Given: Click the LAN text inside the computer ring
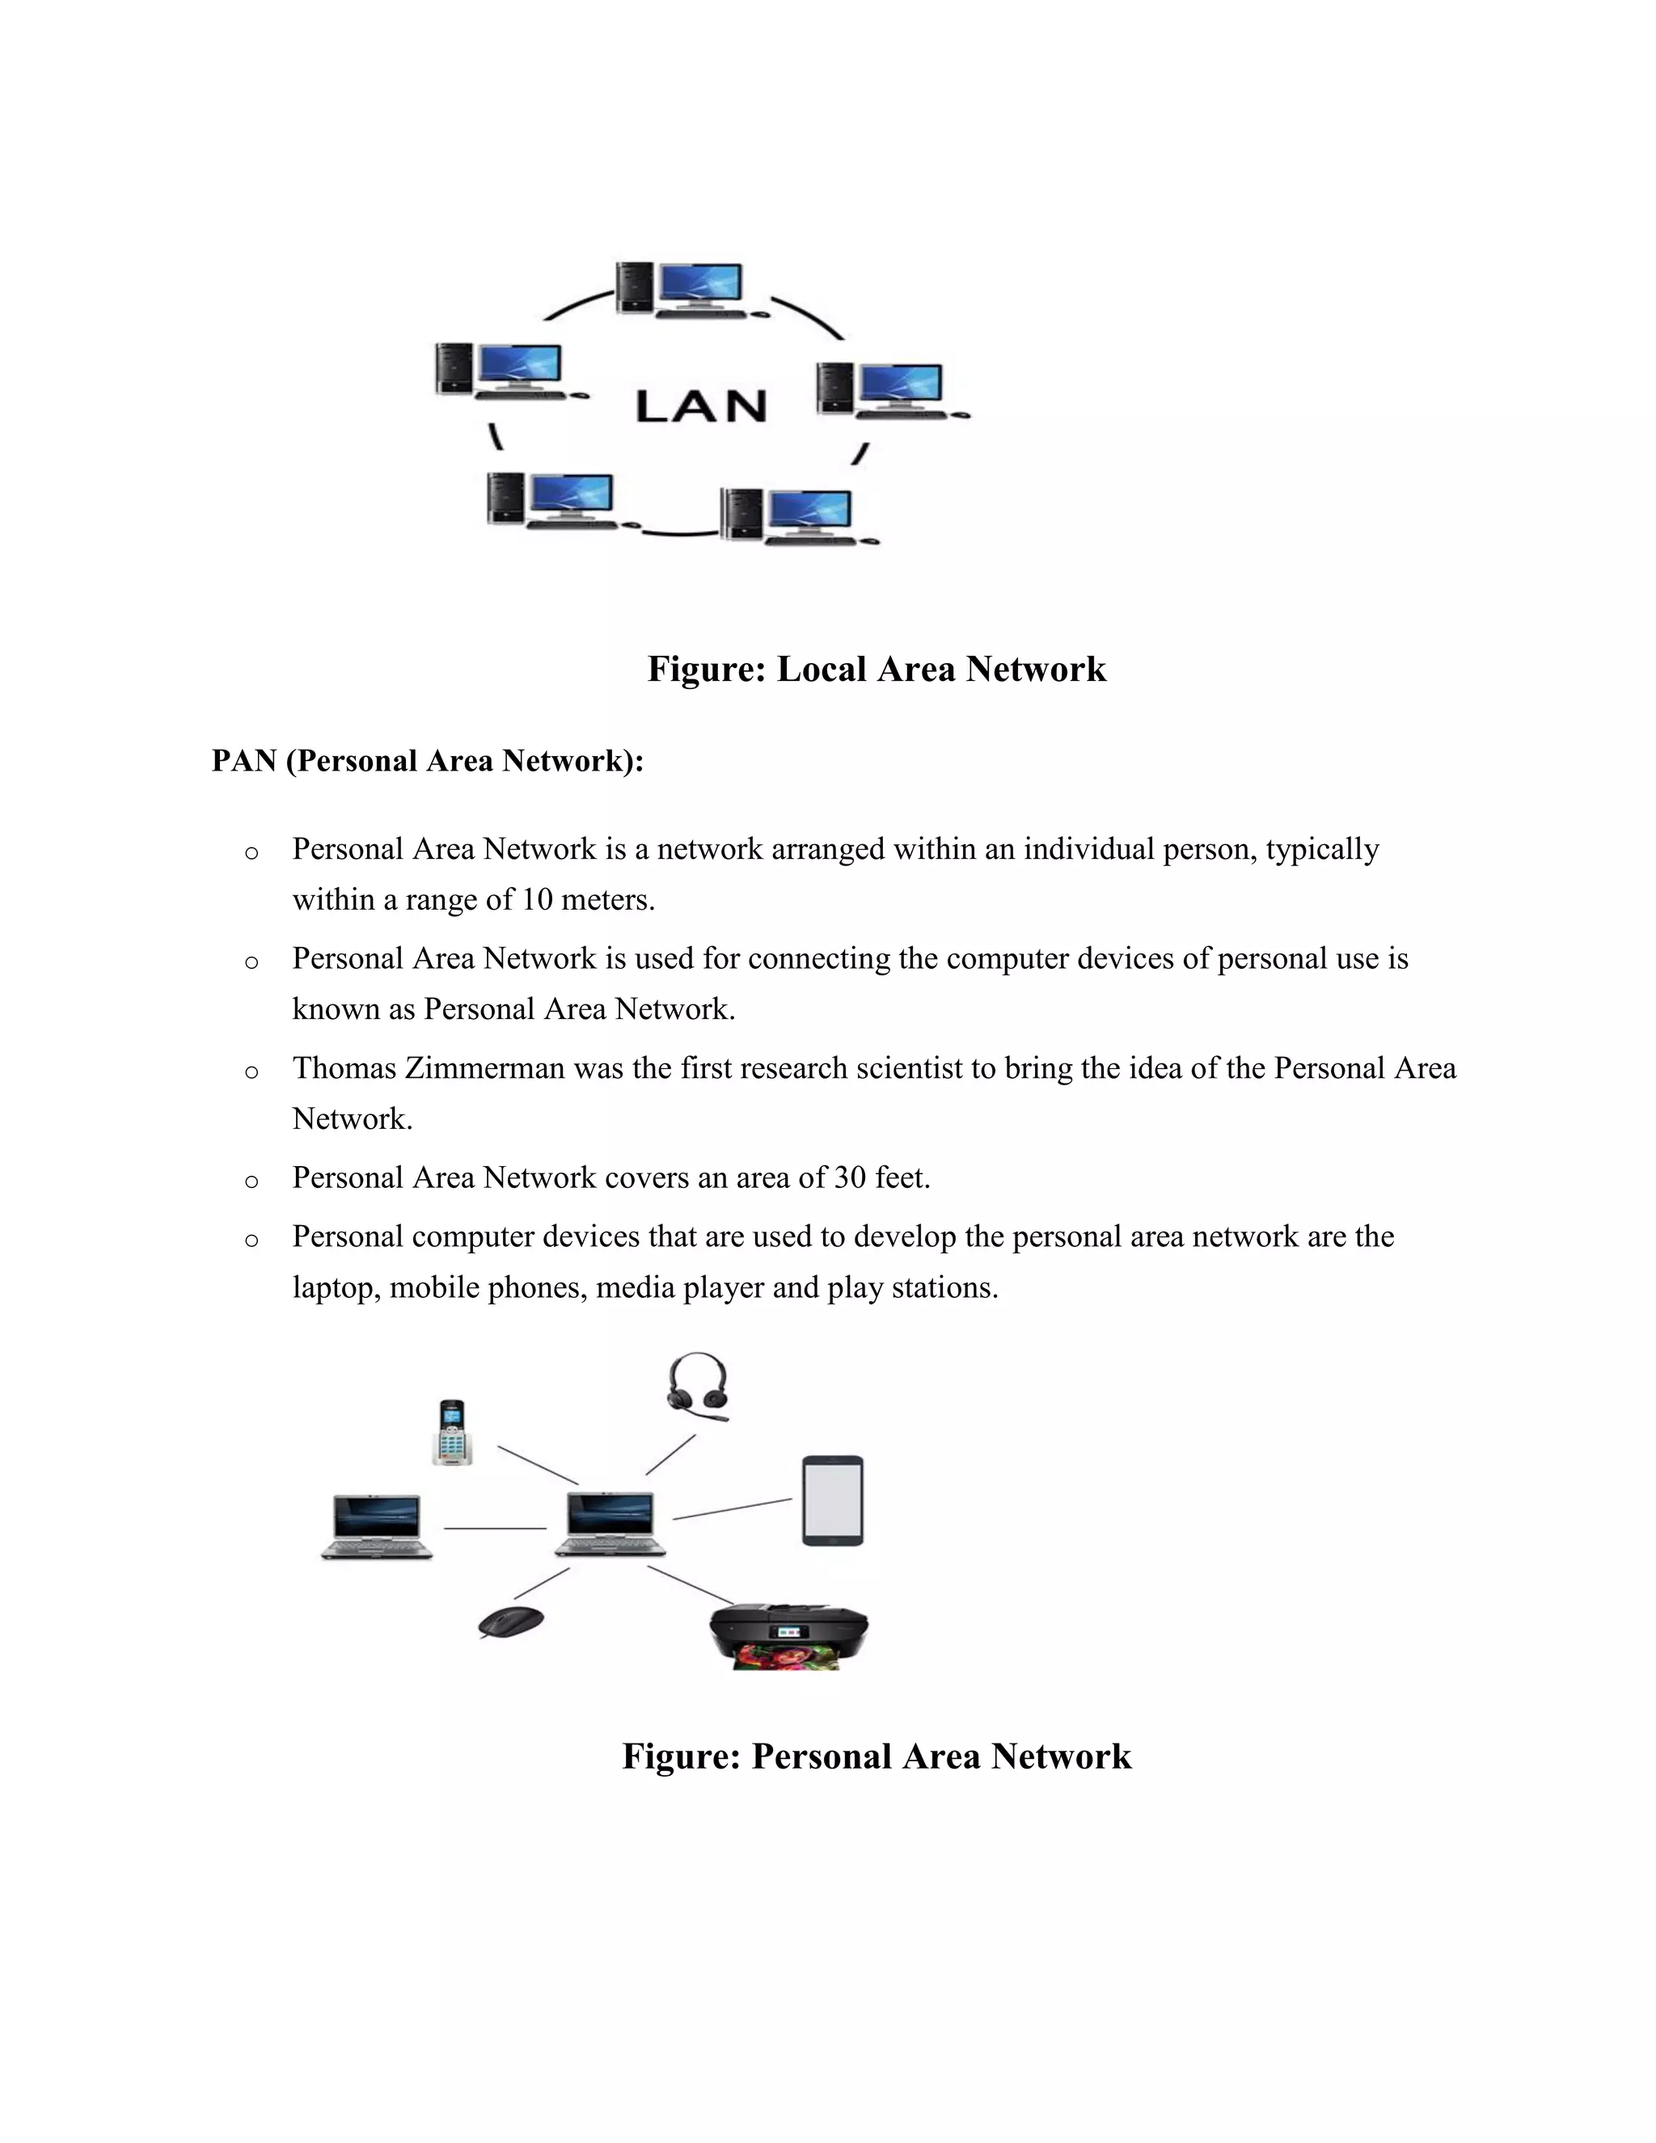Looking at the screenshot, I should pos(700,406).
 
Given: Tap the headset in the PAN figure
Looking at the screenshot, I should pos(698,1386).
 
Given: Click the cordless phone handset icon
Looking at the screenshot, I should pos(452,1434).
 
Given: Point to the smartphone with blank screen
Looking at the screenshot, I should pos(833,1501).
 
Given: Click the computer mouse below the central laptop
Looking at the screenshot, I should pos(511,1622).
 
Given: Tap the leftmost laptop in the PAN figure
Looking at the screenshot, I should pos(377,1527).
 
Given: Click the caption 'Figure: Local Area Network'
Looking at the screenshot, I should pos(876,670).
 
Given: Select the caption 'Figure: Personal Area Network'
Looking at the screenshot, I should pos(876,1756).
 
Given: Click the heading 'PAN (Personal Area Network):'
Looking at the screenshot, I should pos(428,760).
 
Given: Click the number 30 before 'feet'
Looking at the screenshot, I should pos(850,1177).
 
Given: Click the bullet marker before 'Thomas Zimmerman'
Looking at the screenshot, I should pos(251,1071).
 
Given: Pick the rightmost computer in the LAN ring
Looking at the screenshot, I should pos(891,391).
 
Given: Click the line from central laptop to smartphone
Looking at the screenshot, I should pos(732,1509).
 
